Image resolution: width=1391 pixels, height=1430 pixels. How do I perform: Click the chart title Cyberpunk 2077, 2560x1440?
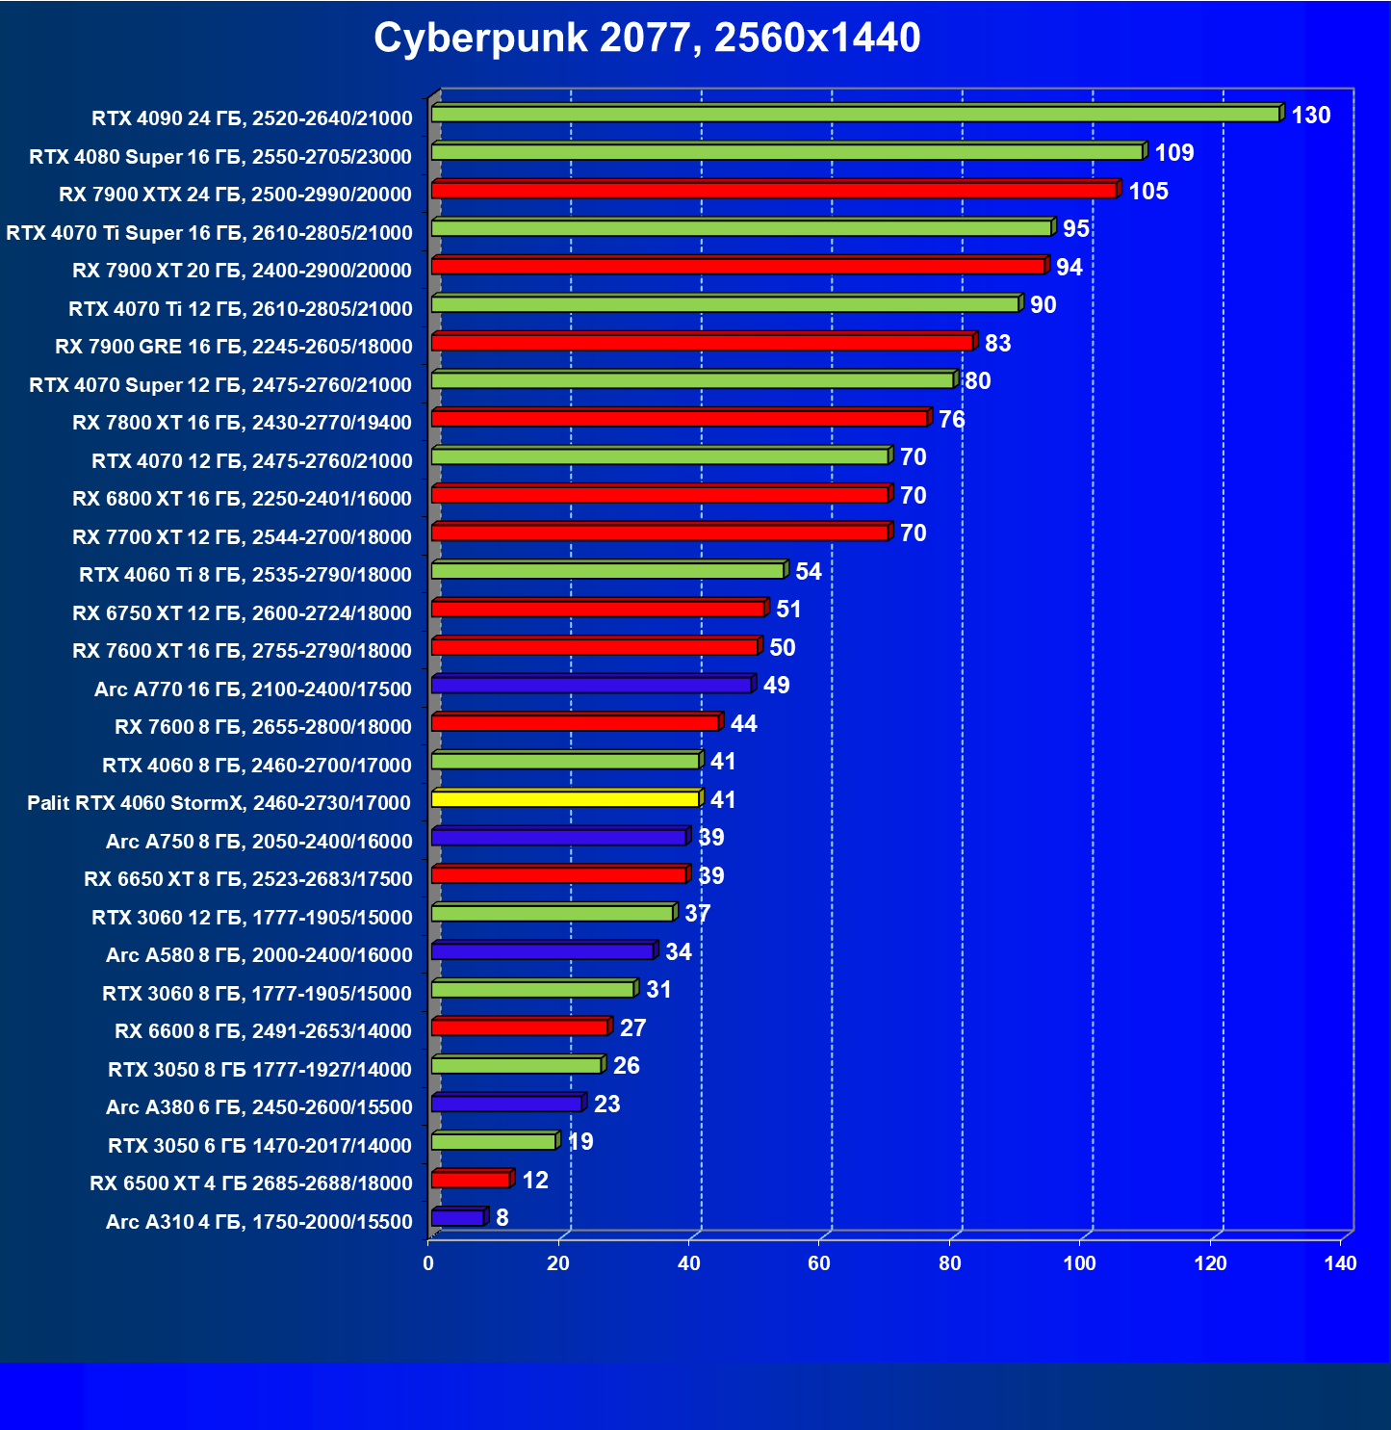click(x=647, y=39)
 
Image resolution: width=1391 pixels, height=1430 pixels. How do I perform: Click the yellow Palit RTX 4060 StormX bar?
click(x=565, y=798)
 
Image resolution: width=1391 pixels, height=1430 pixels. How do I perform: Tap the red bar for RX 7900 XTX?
click(x=774, y=190)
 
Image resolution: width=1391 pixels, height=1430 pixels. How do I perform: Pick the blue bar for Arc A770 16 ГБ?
click(x=591, y=685)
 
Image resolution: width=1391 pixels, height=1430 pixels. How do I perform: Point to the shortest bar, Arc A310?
click(x=457, y=1218)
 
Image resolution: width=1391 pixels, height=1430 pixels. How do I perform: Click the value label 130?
click(x=1310, y=116)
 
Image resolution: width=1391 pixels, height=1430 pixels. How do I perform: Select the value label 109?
click(x=1173, y=153)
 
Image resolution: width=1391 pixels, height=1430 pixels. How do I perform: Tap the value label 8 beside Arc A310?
click(x=502, y=1218)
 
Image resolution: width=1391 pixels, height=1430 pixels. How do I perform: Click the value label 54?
click(x=808, y=572)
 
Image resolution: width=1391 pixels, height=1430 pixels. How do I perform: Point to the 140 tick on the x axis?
click(x=1340, y=1263)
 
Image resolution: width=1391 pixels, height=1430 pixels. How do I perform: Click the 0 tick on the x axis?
click(x=428, y=1263)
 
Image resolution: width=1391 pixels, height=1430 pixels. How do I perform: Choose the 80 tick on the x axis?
click(x=950, y=1263)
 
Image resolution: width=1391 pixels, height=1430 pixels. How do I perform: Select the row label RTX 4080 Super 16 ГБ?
click(x=220, y=157)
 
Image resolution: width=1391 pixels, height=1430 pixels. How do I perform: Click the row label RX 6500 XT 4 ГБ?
click(x=250, y=1183)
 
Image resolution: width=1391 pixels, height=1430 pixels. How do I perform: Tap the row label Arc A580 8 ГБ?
click(x=259, y=955)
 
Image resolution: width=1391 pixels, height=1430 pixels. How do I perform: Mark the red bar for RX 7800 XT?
click(x=680, y=418)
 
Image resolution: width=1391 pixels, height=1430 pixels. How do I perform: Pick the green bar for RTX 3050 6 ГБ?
click(x=494, y=1142)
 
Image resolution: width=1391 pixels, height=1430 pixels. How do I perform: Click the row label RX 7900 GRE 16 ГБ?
click(x=234, y=347)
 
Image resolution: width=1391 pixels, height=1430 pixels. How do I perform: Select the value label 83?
click(x=997, y=344)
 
